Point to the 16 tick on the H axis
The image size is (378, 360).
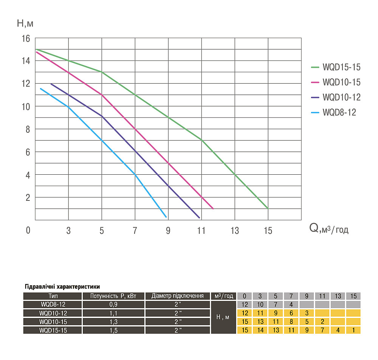(25, 38)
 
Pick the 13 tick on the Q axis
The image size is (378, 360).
(235, 230)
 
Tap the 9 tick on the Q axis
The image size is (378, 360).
(168, 230)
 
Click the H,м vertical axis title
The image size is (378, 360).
(25, 23)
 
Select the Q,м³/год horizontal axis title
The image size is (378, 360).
(329, 228)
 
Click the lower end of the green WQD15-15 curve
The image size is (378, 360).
(268, 208)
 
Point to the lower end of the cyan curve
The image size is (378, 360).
(166, 217)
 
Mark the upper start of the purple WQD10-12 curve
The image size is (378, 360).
(51, 84)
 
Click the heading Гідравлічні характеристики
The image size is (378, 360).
(62, 287)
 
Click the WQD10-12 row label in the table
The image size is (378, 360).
(53, 313)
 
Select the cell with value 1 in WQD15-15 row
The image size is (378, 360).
(353, 330)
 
